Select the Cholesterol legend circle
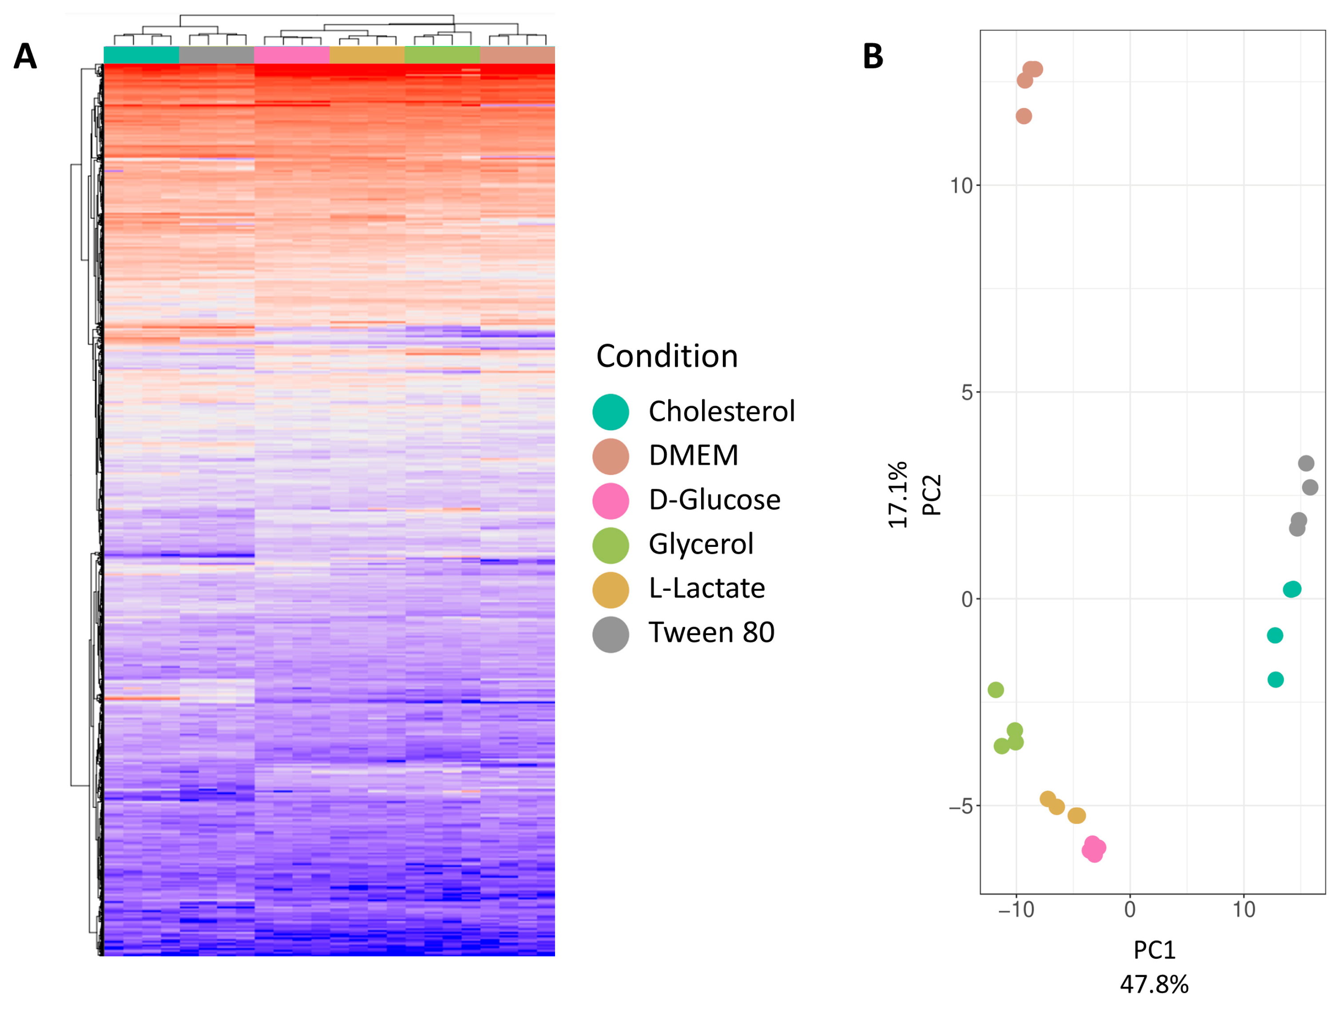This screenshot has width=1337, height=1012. pos(611,412)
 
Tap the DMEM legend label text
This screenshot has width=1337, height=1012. pos(693,455)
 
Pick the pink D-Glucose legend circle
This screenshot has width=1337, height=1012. pos(611,501)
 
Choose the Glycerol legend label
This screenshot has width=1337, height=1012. pos(701,544)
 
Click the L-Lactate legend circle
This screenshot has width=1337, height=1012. pos(611,590)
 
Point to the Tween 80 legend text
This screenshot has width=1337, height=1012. pos(711,632)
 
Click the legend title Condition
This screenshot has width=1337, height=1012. pos(667,356)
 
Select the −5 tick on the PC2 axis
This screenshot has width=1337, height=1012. pos(960,806)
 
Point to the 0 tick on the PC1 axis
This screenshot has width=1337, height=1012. pos(1130,909)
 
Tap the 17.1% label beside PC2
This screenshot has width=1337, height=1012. pos(897,495)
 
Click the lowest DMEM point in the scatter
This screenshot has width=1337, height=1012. pos(1024,116)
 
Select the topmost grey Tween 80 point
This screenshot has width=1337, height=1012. pos(1306,463)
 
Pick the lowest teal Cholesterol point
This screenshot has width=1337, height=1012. pos(1275,680)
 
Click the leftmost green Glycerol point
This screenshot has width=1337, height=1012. pos(996,689)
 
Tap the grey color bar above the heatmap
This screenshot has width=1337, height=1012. pos(216,55)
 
